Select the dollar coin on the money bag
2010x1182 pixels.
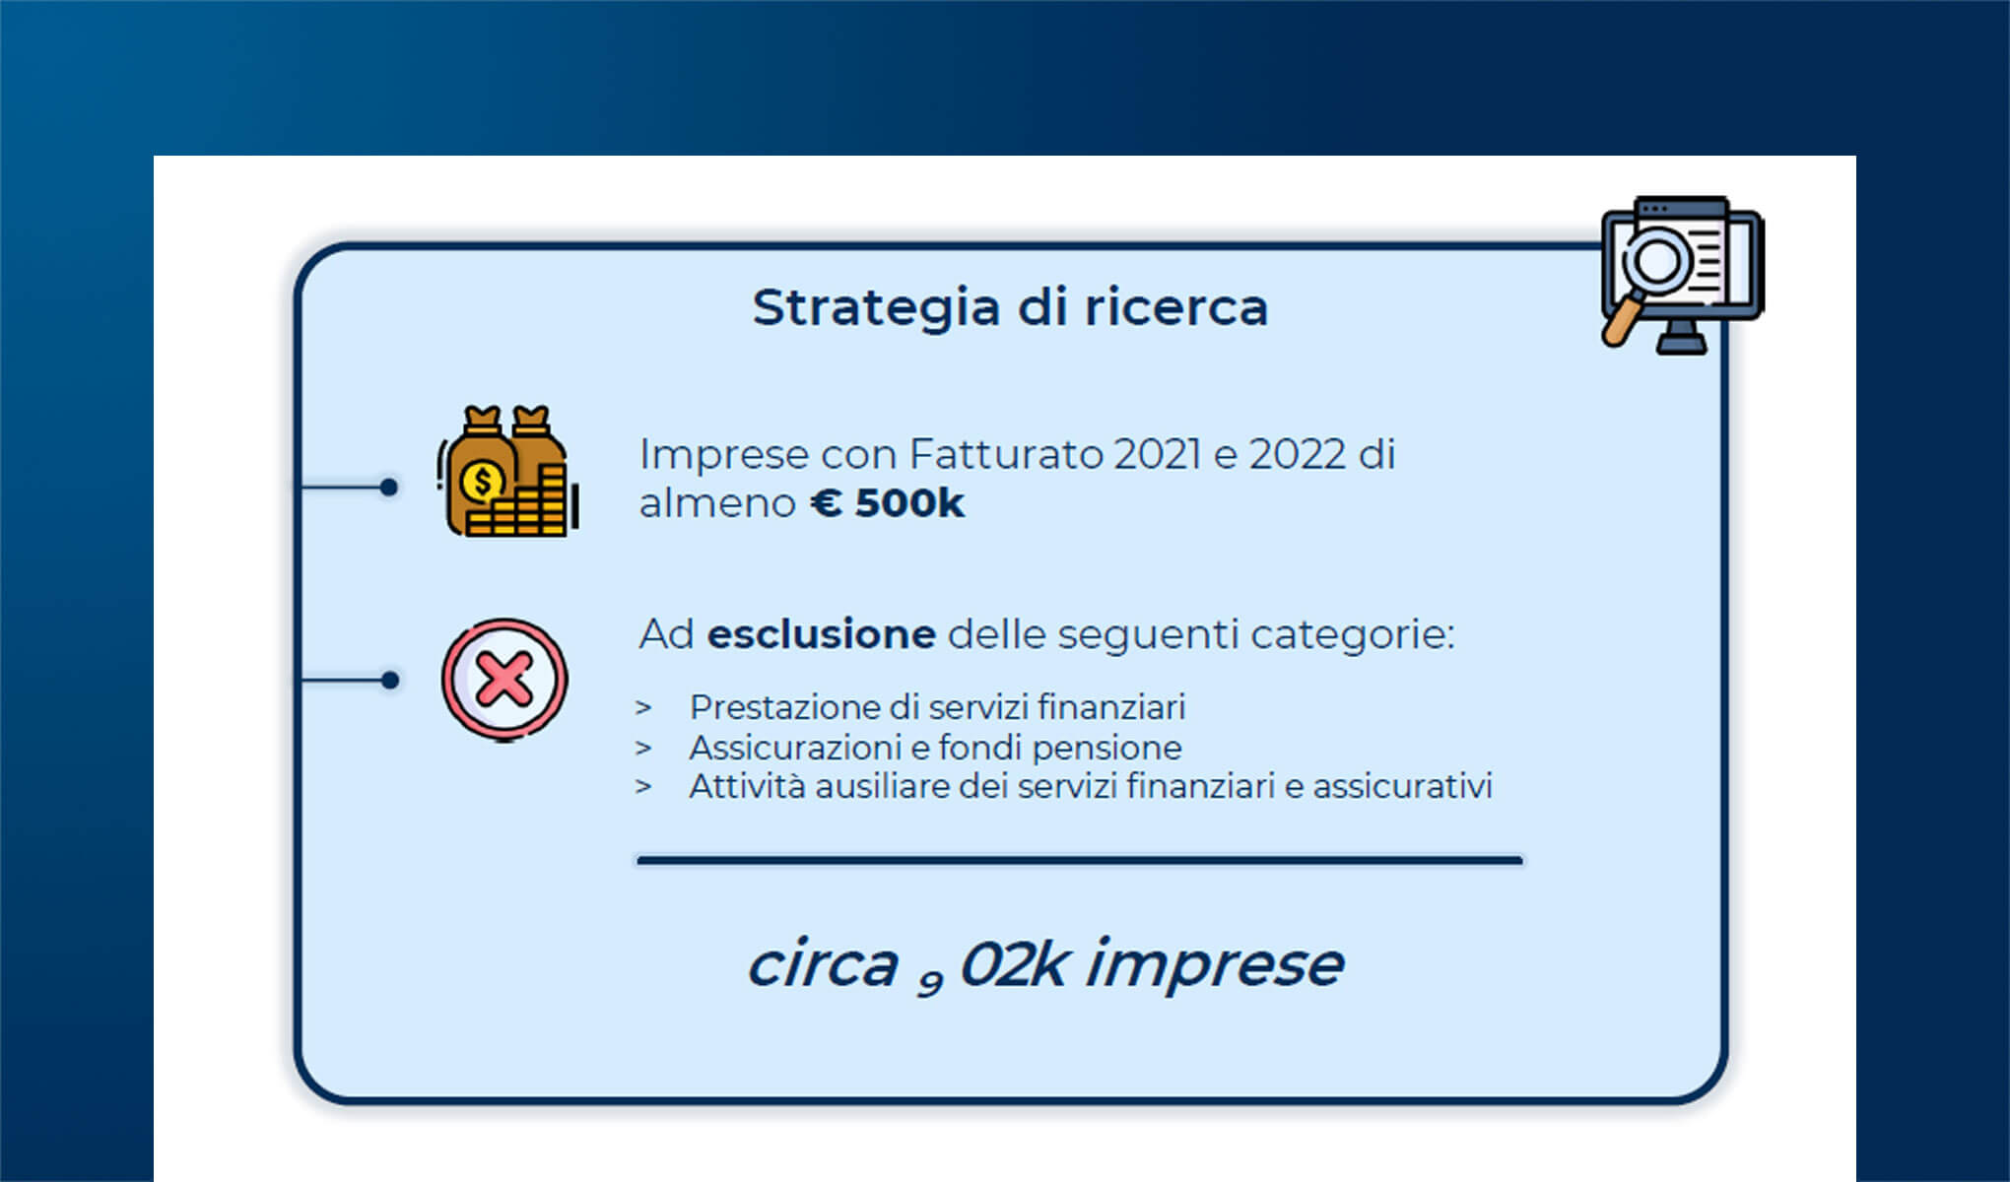click(x=483, y=483)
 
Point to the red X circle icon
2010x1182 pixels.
click(x=504, y=680)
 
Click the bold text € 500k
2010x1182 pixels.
click(x=887, y=503)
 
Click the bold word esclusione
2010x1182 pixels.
click(x=821, y=633)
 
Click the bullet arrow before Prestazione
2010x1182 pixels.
click(x=643, y=707)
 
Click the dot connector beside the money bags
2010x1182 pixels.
click(x=389, y=487)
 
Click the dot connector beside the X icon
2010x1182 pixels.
click(x=390, y=680)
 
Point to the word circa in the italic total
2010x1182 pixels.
click(x=823, y=964)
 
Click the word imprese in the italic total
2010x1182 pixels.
click(x=1214, y=964)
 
